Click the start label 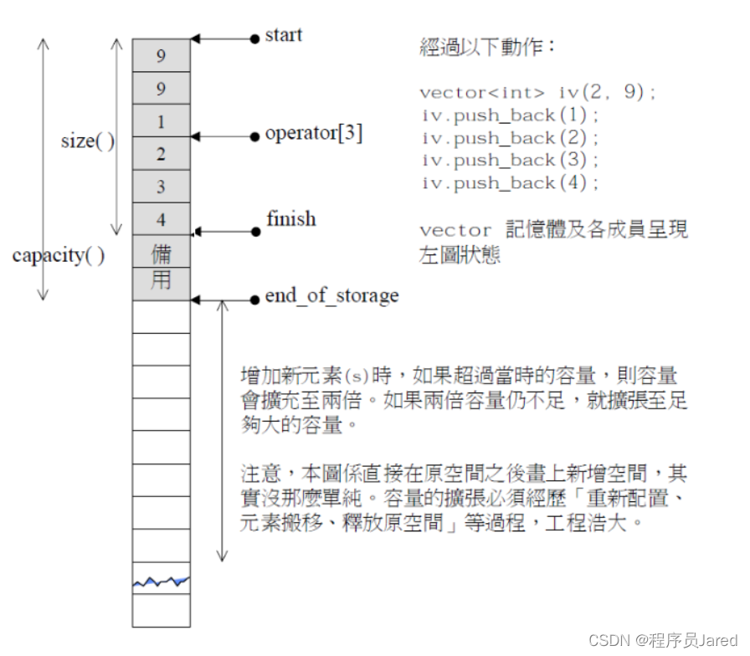tap(283, 36)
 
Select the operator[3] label tap(313, 134)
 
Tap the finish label tap(290, 219)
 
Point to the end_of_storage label tap(331, 295)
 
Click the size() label tap(88, 141)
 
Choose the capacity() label tap(59, 255)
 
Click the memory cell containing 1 tap(162, 122)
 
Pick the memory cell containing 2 tap(162, 154)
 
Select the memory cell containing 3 tap(162, 187)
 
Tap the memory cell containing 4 tap(162, 219)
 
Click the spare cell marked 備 tap(162, 252)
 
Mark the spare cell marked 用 tap(162, 282)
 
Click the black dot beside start tap(255, 38)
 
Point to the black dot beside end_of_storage tap(255, 299)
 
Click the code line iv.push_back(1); tap(510, 115)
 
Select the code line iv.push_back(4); tap(510, 183)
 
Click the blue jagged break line tap(162, 580)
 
